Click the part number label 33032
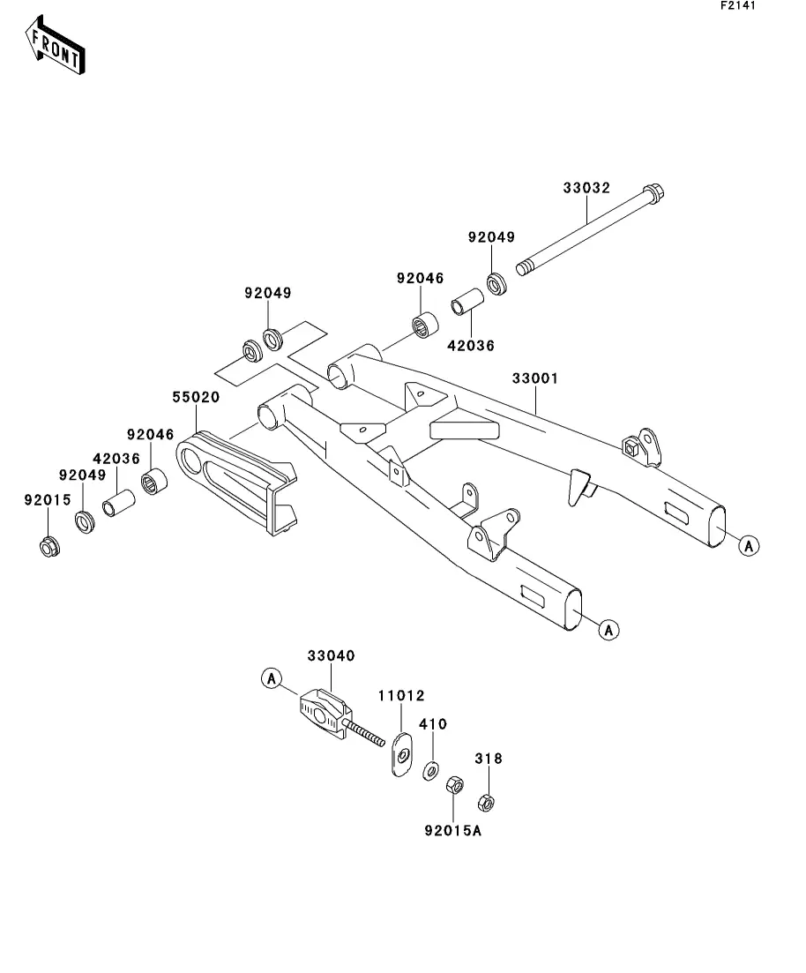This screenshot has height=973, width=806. (x=586, y=188)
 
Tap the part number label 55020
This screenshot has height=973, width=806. (x=195, y=398)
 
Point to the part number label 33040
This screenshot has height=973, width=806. (x=331, y=656)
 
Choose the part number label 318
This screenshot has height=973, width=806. (x=488, y=758)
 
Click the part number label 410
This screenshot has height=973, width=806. (x=432, y=724)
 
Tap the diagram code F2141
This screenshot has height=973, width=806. (x=737, y=5)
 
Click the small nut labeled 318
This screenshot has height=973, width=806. (x=484, y=803)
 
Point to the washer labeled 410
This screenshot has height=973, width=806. (x=429, y=769)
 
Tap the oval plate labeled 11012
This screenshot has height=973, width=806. (x=401, y=754)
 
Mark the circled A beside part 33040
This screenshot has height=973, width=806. (x=271, y=678)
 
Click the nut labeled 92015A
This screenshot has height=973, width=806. (x=455, y=784)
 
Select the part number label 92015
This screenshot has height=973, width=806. (x=41, y=500)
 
